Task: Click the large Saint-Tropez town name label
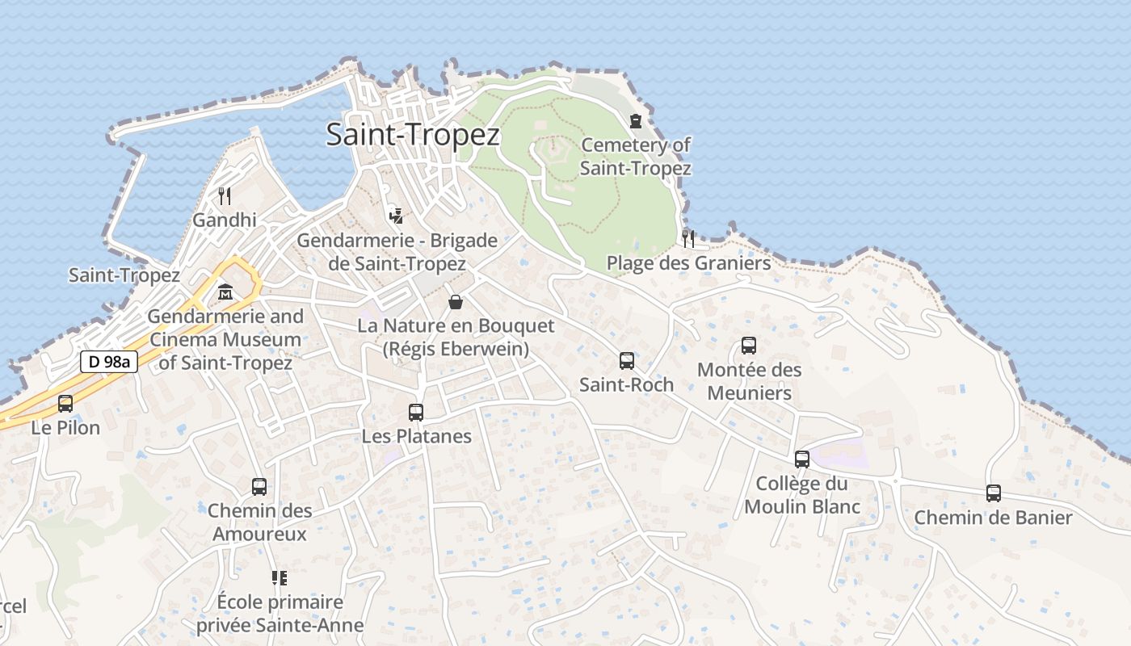point(413,134)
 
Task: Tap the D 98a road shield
point(109,362)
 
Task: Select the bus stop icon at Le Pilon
point(65,403)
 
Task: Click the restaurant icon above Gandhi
point(225,195)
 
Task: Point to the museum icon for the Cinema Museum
point(225,292)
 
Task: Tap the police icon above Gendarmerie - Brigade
point(396,216)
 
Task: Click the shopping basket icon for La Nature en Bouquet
point(456,302)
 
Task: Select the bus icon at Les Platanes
point(416,412)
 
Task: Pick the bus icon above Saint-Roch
point(626,361)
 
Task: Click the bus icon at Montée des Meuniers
point(749,346)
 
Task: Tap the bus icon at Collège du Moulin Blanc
point(801,459)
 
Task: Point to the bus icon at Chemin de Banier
point(993,493)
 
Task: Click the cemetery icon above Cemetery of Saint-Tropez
point(636,121)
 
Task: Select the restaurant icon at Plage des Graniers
point(688,238)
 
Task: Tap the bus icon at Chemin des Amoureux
point(259,486)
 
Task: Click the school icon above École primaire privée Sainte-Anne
point(280,577)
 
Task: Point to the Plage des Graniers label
point(688,263)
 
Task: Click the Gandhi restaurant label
point(225,220)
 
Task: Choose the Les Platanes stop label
point(416,436)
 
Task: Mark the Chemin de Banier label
point(993,518)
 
